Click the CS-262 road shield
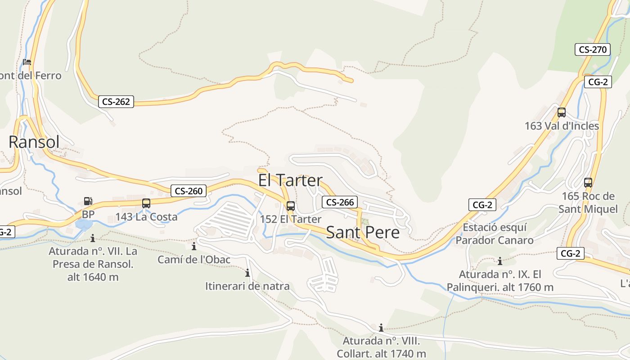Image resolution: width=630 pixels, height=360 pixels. tap(116, 102)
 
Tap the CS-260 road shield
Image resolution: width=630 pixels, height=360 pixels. tap(189, 191)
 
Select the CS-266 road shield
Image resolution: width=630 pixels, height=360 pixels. tap(340, 202)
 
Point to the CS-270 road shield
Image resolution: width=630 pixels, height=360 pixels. tap(593, 49)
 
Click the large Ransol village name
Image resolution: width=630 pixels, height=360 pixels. tap(34, 142)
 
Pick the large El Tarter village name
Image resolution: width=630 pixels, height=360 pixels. tap(290, 180)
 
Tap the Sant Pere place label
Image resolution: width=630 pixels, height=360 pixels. tap(363, 232)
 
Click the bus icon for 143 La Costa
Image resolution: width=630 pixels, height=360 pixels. tap(146, 203)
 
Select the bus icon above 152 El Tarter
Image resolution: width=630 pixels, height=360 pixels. tap(291, 206)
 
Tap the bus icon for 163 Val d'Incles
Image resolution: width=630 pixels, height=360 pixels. tap(562, 112)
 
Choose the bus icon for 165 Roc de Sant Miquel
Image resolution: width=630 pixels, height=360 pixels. tap(588, 183)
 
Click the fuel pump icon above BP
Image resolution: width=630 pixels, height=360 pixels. tap(88, 201)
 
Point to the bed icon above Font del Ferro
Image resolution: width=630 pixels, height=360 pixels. tap(27, 62)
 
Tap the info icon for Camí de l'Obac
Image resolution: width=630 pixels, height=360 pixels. tap(194, 246)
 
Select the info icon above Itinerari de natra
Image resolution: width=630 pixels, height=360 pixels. tap(247, 273)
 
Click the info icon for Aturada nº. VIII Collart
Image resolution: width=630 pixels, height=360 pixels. tap(381, 328)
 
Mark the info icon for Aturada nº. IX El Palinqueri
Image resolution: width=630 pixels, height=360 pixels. tap(499, 261)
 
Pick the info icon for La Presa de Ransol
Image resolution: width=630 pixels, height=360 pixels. tap(93, 238)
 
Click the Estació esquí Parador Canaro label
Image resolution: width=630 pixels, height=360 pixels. tap(495, 234)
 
